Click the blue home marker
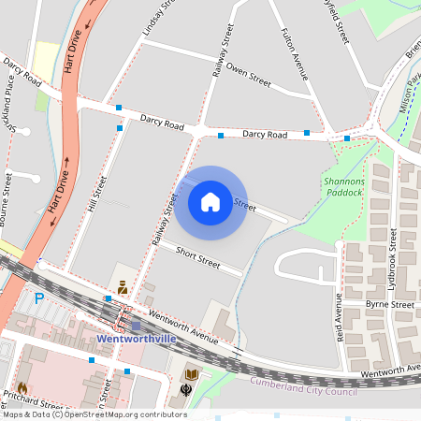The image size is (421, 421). [x=210, y=202]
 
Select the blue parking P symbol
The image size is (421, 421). [x=38, y=299]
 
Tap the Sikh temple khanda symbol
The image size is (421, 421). [x=186, y=389]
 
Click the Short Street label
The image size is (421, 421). [x=197, y=258]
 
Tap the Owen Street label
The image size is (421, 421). [x=249, y=78]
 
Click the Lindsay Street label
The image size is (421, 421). [x=157, y=19]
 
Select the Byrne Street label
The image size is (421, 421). [x=390, y=305]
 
